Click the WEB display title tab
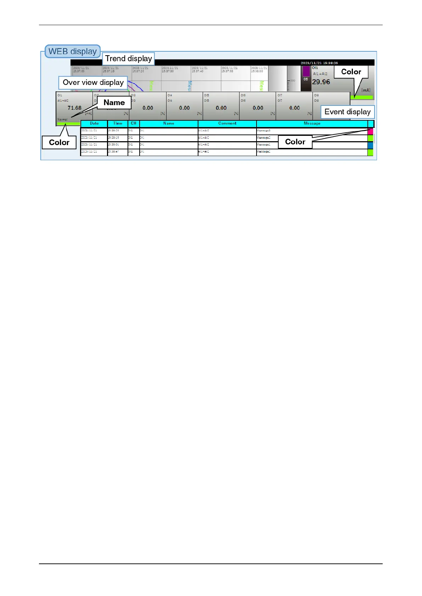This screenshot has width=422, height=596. coord(73,51)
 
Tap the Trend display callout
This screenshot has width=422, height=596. coord(128,59)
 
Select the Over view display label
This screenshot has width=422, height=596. coord(93,82)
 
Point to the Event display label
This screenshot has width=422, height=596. coord(347,112)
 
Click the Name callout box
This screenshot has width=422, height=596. coord(114,103)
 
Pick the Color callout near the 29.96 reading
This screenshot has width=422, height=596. coord(351,72)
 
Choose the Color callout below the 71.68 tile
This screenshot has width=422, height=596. coord(59,142)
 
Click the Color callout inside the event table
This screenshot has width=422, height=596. coord(295,142)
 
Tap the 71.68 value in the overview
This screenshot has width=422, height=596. coord(74,108)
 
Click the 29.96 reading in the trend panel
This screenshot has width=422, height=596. coord(321,82)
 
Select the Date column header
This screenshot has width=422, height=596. coord(94,124)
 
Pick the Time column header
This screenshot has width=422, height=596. coord(118,124)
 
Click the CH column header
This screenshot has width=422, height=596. coord(134,124)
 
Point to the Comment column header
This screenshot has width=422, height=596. coord(227,124)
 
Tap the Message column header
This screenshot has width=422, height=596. coord(312,124)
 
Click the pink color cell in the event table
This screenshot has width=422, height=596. coord(370,131)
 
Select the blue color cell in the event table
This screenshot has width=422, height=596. coord(370,145)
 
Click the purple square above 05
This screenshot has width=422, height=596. coord(306,71)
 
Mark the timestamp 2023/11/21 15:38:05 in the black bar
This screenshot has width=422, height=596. coord(319,63)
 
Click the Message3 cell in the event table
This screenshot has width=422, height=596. coord(264,131)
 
